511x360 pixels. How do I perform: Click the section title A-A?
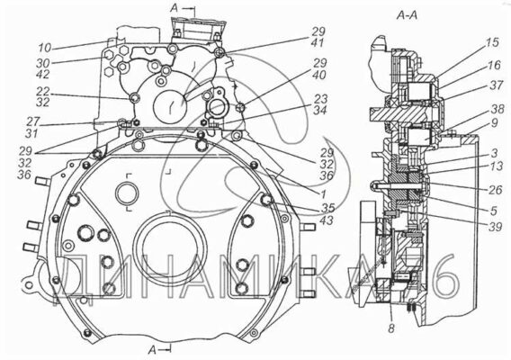coord(407,15)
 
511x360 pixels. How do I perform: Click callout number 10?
coord(45,48)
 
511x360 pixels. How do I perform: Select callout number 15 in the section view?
coord(493,42)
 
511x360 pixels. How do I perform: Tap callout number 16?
coord(494,65)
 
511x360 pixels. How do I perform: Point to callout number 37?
coord(497,85)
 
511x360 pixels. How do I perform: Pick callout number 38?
coord(498,109)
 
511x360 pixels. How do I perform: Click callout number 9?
coord(495,123)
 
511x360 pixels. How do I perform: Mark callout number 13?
coord(497,166)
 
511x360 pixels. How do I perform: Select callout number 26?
coord(496,190)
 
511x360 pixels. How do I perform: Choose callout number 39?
coord(495,227)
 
